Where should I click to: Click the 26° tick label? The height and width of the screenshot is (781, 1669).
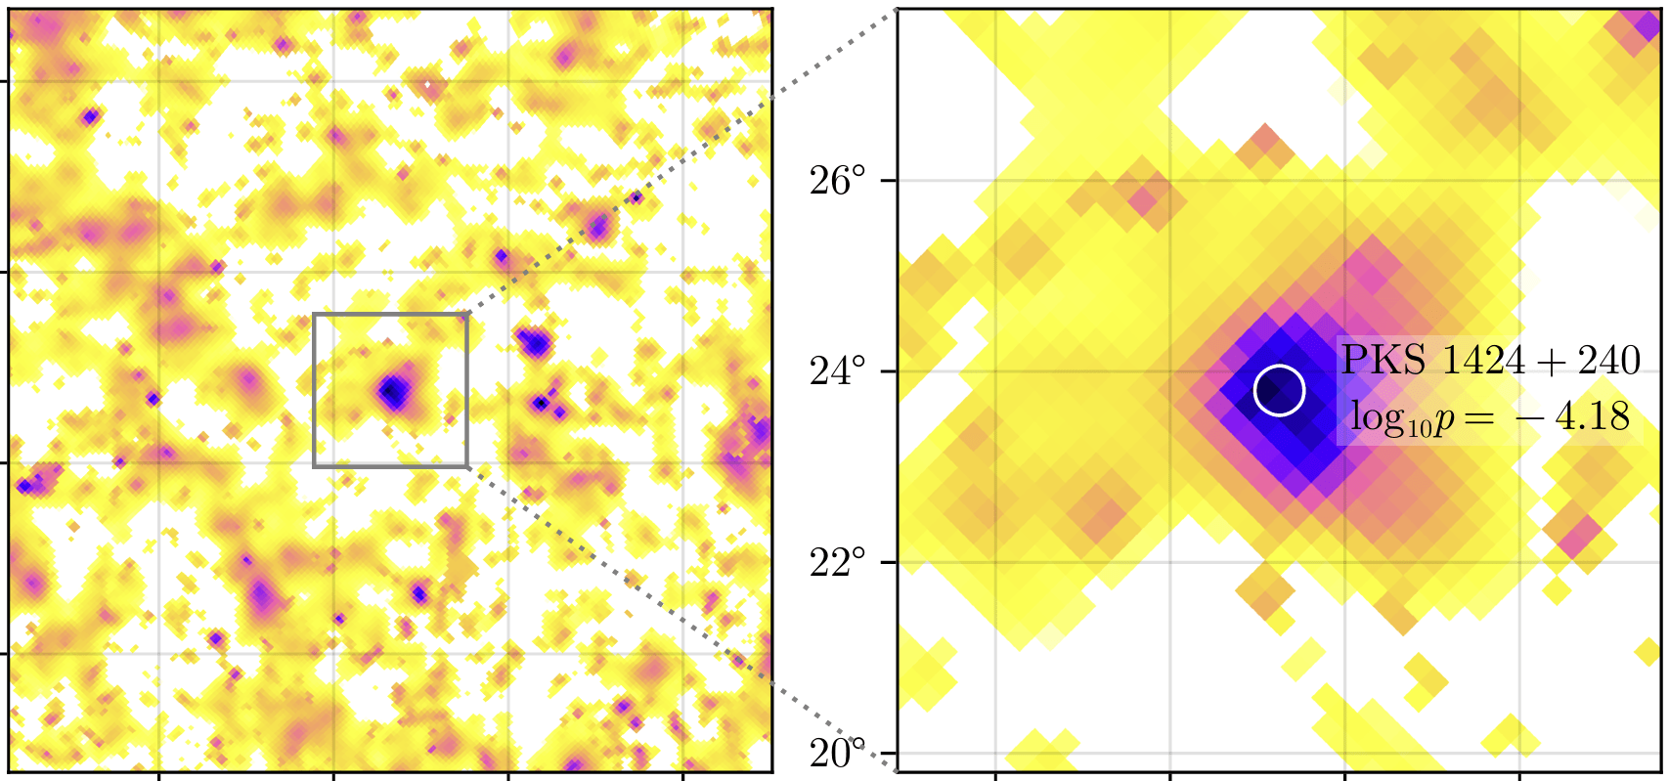[x=838, y=181]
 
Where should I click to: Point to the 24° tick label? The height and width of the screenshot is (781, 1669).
[x=838, y=371]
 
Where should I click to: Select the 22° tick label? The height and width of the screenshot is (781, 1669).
[x=838, y=562]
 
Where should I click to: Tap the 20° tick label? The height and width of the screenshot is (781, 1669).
[x=838, y=754]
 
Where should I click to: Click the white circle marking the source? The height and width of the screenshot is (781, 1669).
[x=1280, y=391]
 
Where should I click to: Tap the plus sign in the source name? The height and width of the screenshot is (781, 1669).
[x=1538, y=362]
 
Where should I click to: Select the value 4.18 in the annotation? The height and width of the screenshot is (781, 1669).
[x=1595, y=416]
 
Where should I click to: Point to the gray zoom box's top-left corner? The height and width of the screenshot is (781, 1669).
[x=314, y=315]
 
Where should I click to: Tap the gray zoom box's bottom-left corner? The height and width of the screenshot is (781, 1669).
[x=314, y=466]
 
